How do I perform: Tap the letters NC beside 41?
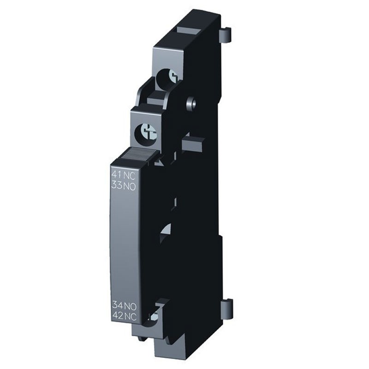pyautogui.click(x=130, y=176)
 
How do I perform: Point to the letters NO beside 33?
pyautogui.click(x=130, y=186)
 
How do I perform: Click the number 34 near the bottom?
pyautogui.click(x=118, y=305)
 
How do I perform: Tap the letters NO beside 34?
pyautogui.click(x=131, y=306)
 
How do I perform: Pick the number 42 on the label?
pyautogui.click(x=118, y=315)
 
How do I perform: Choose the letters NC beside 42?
pyautogui.click(x=131, y=316)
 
